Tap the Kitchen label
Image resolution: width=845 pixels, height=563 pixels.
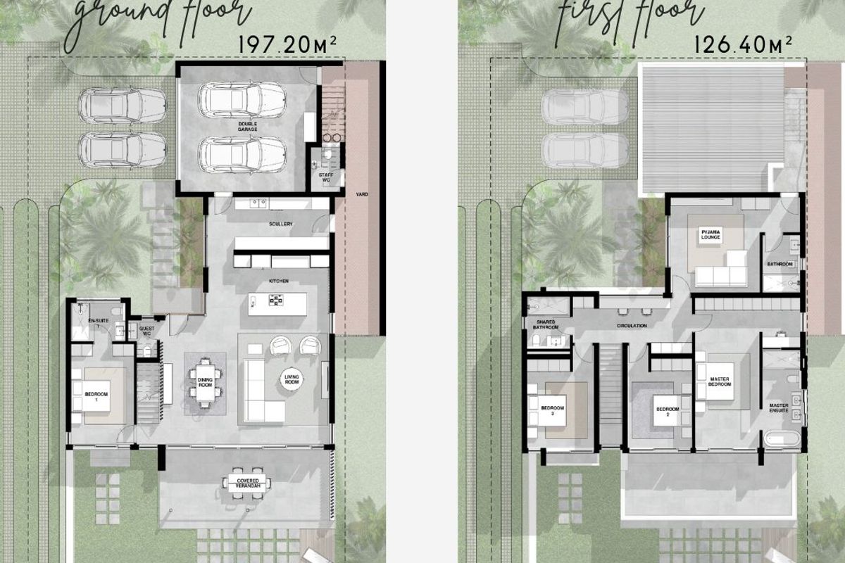coord(279,281)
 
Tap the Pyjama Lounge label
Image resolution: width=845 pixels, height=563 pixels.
coord(708,235)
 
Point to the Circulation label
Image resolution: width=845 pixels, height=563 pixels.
coord(632,327)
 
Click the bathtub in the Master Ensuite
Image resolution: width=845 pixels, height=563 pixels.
coord(782,441)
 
